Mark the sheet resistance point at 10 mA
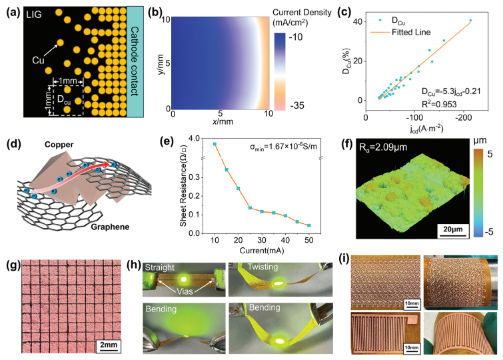tap(214, 144)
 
